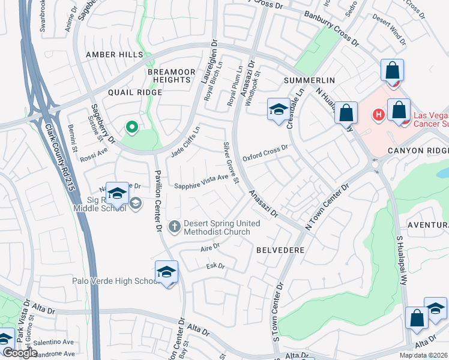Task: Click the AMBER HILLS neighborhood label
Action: [114, 55]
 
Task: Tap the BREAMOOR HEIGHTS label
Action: [172, 76]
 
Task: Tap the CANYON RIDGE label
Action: [418, 151]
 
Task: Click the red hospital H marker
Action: [379, 114]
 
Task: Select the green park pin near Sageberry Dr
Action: [131, 127]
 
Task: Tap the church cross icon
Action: [175, 227]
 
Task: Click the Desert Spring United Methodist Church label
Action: [221, 227]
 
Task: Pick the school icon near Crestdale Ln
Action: [278, 109]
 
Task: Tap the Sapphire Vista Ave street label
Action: [201, 182]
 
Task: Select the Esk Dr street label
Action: [215, 266]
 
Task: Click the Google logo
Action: [20, 353]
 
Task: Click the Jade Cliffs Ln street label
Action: [185, 142]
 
